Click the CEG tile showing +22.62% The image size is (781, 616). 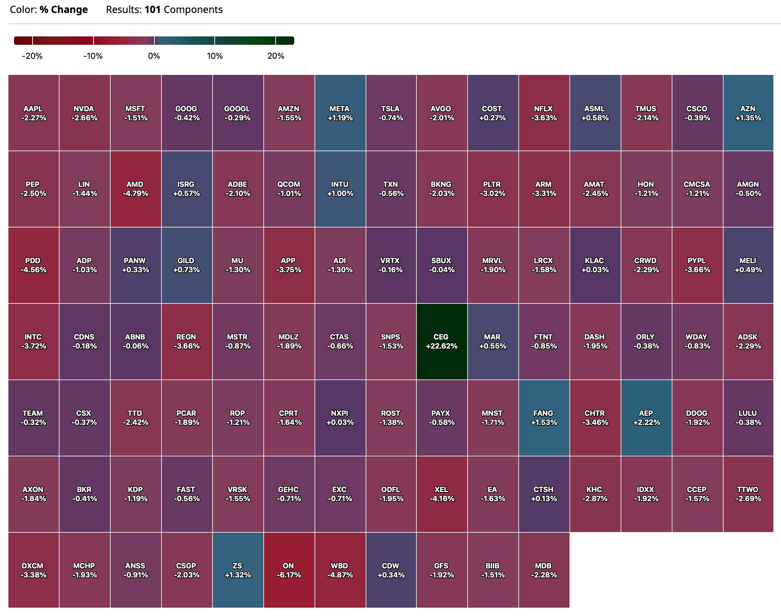click(x=441, y=341)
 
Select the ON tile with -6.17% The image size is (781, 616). click(x=289, y=570)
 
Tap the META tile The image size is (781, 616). click(x=340, y=113)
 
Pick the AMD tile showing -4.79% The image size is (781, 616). click(x=135, y=189)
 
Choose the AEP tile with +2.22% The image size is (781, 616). click(x=646, y=417)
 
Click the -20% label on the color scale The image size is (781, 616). click(x=32, y=56)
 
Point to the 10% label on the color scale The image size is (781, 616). click(x=215, y=56)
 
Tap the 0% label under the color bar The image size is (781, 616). click(x=154, y=56)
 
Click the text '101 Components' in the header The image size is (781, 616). click(x=183, y=9)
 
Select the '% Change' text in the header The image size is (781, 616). click(x=63, y=9)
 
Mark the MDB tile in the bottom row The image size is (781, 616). click(x=544, y=570)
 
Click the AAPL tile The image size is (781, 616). click(x=33, y=113)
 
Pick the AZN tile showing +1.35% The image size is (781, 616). click(x=748, y=113)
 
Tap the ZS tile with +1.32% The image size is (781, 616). click(x=237, y=570)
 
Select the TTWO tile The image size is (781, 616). click(x=748, y=494)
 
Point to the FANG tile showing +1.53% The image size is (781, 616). click(x=544, y=417)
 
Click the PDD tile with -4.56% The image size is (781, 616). click(x=33, y=265)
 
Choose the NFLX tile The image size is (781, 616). click(x=544, y=113)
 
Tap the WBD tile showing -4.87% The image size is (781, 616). click(x=340, y=570)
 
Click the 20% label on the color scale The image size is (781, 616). click(x=276, y=56)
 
